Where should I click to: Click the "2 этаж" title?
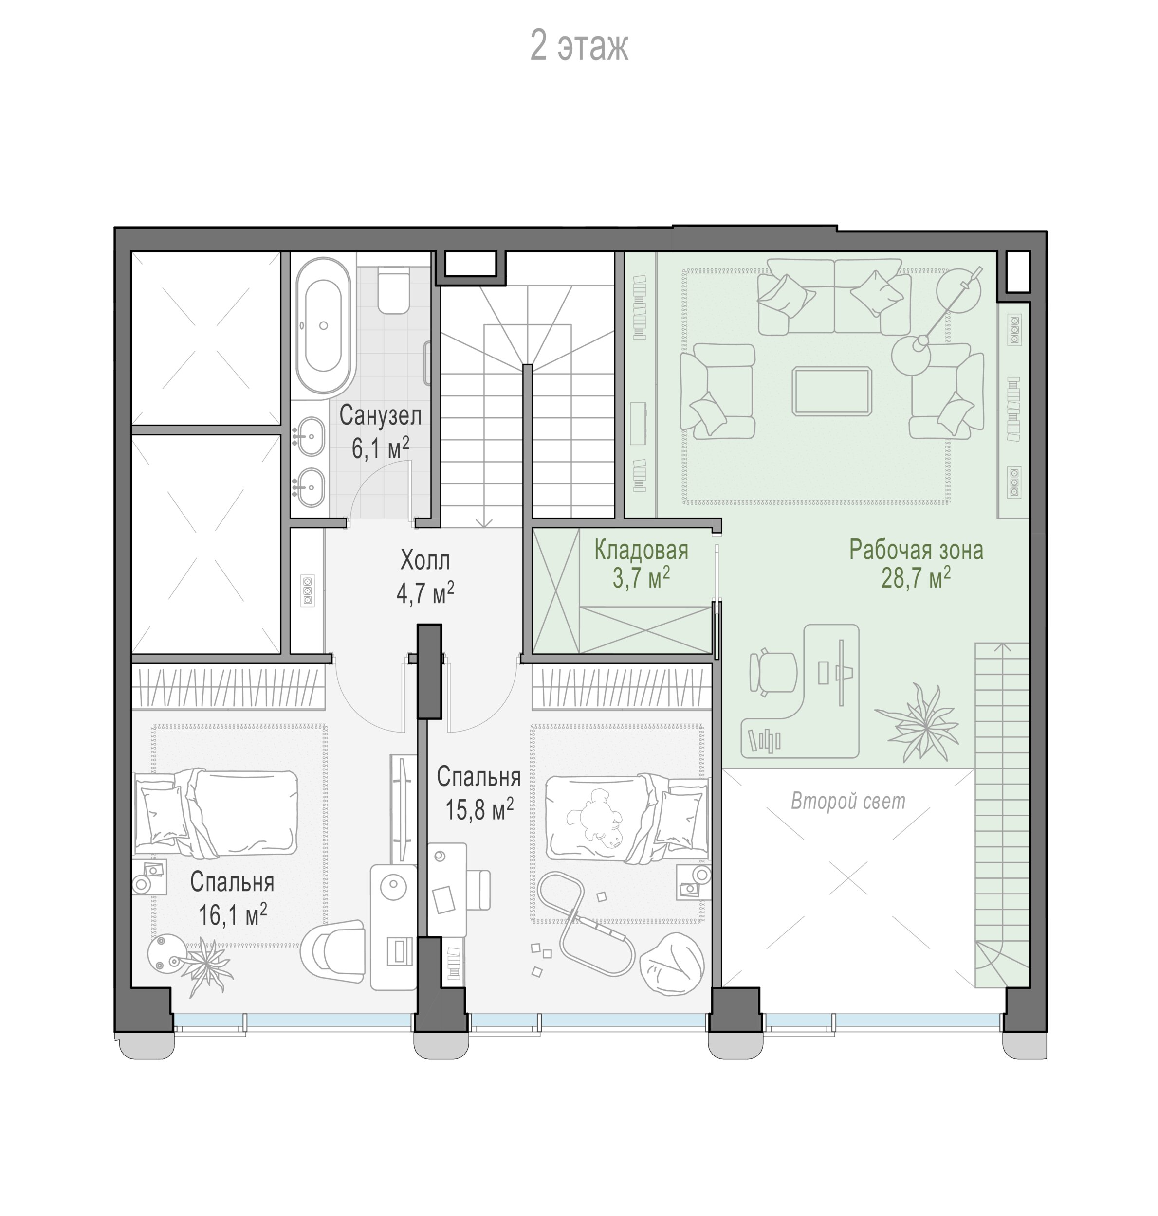(579, 46)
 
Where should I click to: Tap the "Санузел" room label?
(380, 415)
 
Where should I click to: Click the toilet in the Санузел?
(393, 289)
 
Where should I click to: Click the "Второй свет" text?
(848, 801)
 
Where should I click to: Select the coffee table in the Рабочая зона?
(832, 391)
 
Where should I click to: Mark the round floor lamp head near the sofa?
(911, 355)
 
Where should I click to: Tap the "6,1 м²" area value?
(380, 448)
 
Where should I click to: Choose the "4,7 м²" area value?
(425, 593)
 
